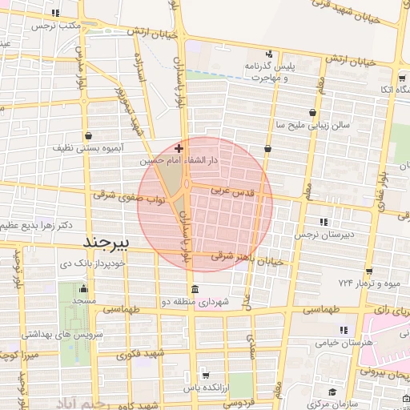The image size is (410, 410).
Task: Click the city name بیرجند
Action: point(112,241)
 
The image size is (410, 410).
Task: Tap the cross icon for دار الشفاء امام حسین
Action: point(179,148)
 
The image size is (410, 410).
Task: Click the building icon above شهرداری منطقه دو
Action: point(193,289)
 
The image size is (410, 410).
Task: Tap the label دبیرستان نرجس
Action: point(316,236)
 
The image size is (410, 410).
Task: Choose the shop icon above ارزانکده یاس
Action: point(206,375)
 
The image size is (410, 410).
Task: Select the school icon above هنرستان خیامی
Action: point(344,330)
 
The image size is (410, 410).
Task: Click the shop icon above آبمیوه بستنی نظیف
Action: point(87,135)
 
